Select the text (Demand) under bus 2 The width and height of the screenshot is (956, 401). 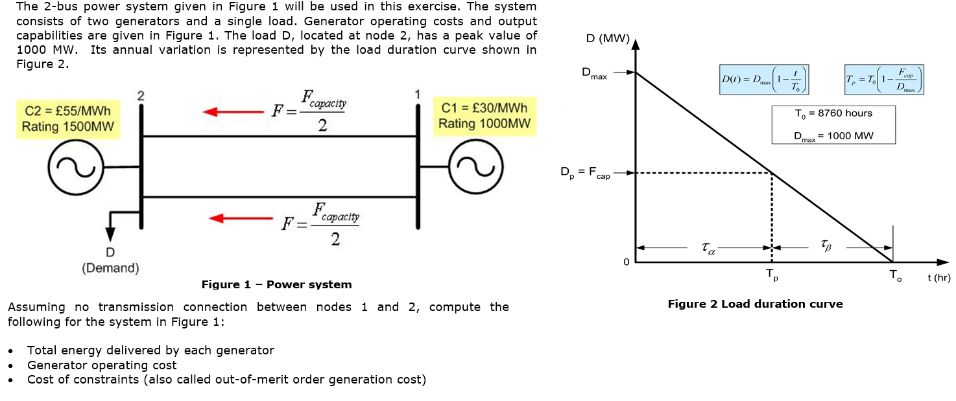tap(110, 268)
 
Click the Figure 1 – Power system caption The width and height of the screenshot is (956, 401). tap(276, 284)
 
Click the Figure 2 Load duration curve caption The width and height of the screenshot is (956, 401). tap(755, 304)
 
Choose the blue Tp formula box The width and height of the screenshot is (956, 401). tap(884, 80)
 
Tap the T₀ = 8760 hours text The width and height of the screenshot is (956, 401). tap(833, 113)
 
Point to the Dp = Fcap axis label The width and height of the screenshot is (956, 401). tap(585, 174)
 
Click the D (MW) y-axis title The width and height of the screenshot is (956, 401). tap(607, 39)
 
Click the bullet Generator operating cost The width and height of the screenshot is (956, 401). tap(101, 365)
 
